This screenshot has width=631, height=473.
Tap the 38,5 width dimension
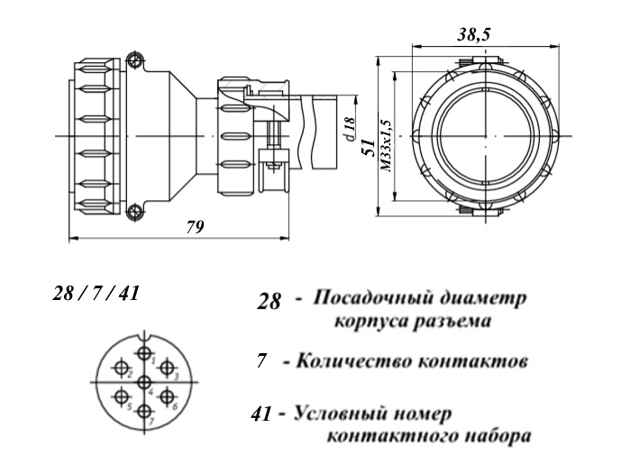(x=473, y=34)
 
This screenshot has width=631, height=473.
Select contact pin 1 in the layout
(x=144, y=354)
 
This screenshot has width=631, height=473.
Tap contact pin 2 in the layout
(x=120, y=368)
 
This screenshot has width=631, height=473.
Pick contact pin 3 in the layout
(x=168, y=368)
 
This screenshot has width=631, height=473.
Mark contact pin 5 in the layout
(x=120, y=397)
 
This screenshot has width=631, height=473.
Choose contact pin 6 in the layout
(x=168, y=397)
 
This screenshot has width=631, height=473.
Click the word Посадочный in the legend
(x=370, y=298)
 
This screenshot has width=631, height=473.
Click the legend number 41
(x=262, y=415)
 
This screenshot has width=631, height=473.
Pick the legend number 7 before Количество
(x=261, y=362)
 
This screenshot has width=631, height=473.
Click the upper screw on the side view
(x=134, y=61)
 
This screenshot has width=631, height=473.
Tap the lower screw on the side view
(x=134, y=212)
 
